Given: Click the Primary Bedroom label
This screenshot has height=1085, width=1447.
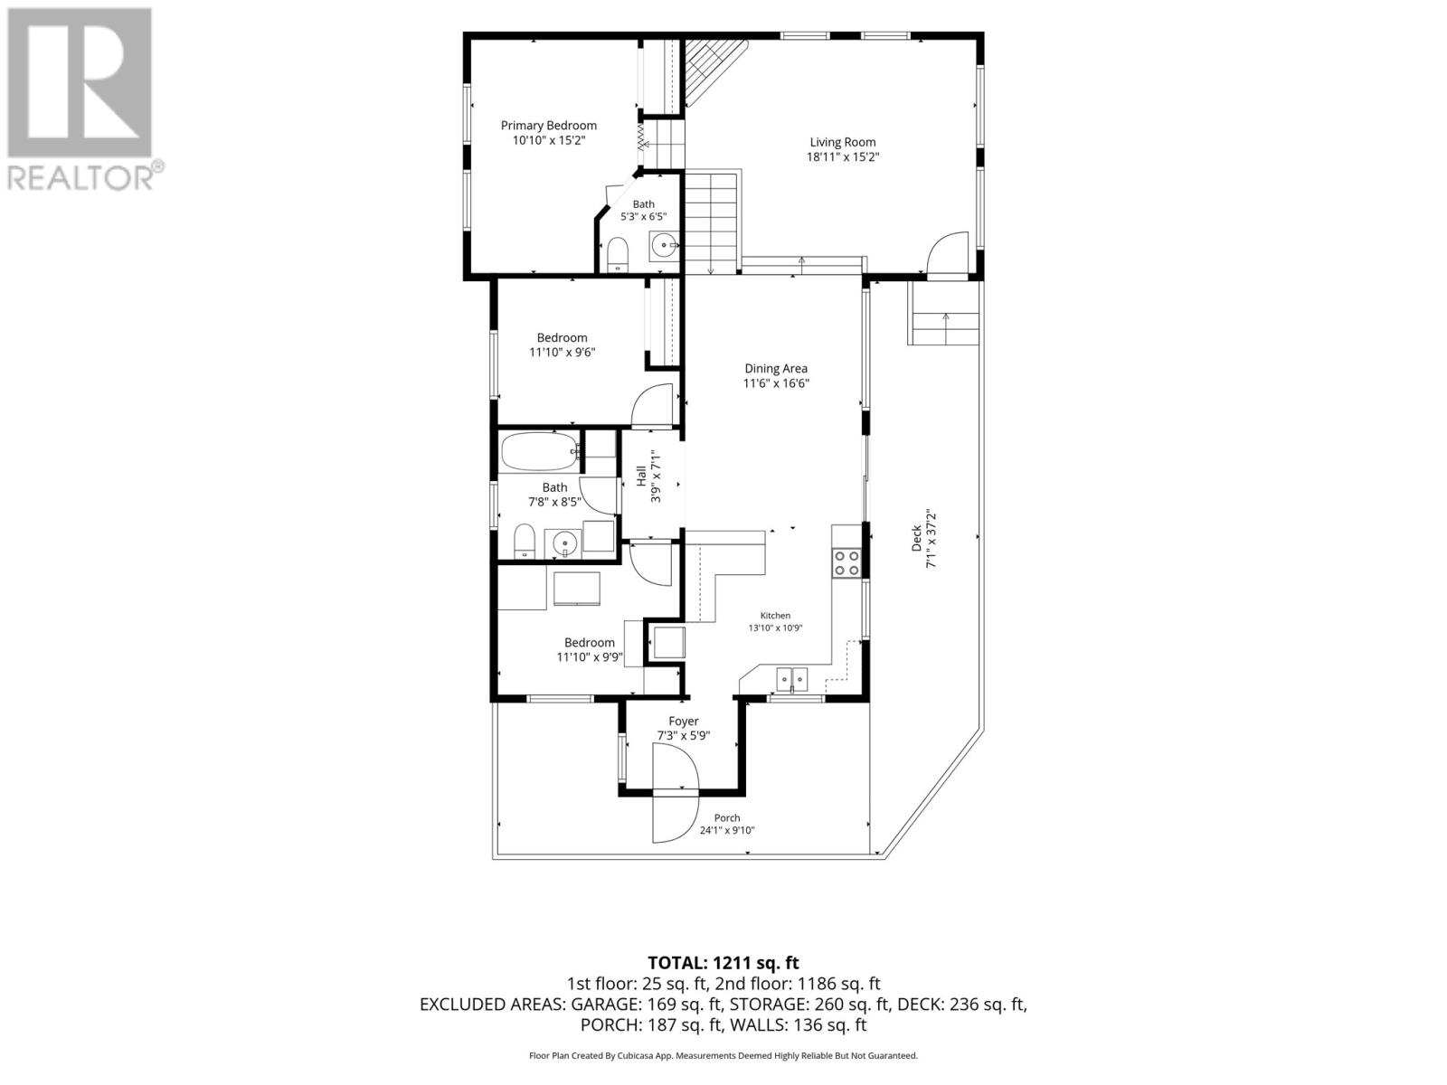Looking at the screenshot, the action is [548, 125].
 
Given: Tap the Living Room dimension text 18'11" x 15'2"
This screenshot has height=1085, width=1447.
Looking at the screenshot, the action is [843, 156].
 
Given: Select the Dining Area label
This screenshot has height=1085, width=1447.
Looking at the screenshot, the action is [776, 369].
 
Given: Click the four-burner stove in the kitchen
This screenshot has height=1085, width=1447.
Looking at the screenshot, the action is [846, 563].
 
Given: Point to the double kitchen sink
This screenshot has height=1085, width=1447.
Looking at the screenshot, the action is [791, 678].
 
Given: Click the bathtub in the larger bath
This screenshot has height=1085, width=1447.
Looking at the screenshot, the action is [540, 451].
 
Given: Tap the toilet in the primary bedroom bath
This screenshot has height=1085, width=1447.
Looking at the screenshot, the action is [618, 254].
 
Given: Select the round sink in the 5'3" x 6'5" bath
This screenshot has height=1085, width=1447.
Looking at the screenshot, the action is [663, 246].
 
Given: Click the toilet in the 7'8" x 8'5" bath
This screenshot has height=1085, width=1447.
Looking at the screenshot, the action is [524, 540].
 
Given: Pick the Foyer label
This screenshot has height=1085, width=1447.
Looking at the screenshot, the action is [683, 722].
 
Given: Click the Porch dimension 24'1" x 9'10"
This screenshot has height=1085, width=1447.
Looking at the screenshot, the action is [727, 831].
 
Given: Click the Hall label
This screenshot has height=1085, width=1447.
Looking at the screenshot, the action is [641, 476].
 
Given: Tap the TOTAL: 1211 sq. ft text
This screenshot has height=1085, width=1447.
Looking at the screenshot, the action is [723, 963].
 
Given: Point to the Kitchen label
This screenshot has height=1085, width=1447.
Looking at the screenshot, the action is [775, 616].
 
